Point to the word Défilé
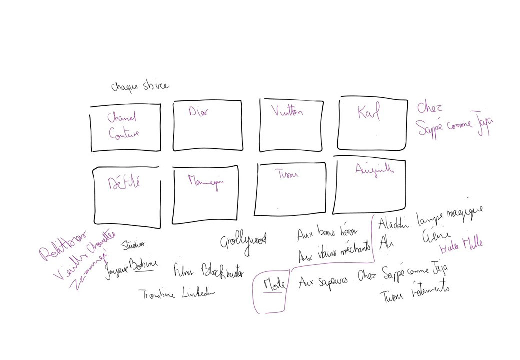pos(125,183)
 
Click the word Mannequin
pos(205,180)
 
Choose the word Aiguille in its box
pos(374,170)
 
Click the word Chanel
pos(121,118)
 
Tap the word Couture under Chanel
pos(124,133)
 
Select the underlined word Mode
pos(274,285)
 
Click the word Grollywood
pos(243,240)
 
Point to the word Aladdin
pos(394,223)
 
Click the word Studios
pos(133,245)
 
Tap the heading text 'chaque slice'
pos(140,86)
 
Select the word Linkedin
pos(198,293)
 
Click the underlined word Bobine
pos(143,264)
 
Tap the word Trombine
pos(158,295)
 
